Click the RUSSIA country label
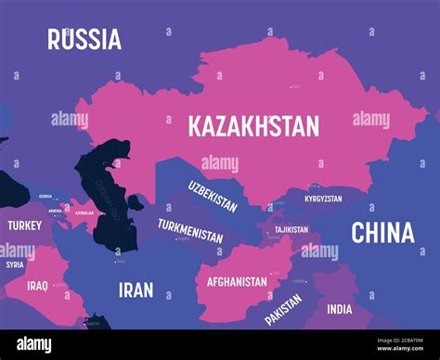[84, 39]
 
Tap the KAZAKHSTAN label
[253, 125]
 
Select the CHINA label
[382, 233]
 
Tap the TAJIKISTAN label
[291, 229]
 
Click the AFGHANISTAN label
[237, 281]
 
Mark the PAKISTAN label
[283, 310]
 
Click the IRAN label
[136, 289]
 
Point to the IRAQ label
[37, 286]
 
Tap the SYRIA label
[15, 264]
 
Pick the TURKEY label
[24, 225]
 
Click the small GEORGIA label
[45, 197]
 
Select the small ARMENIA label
[56, 211]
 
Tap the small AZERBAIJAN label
[84, 212]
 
